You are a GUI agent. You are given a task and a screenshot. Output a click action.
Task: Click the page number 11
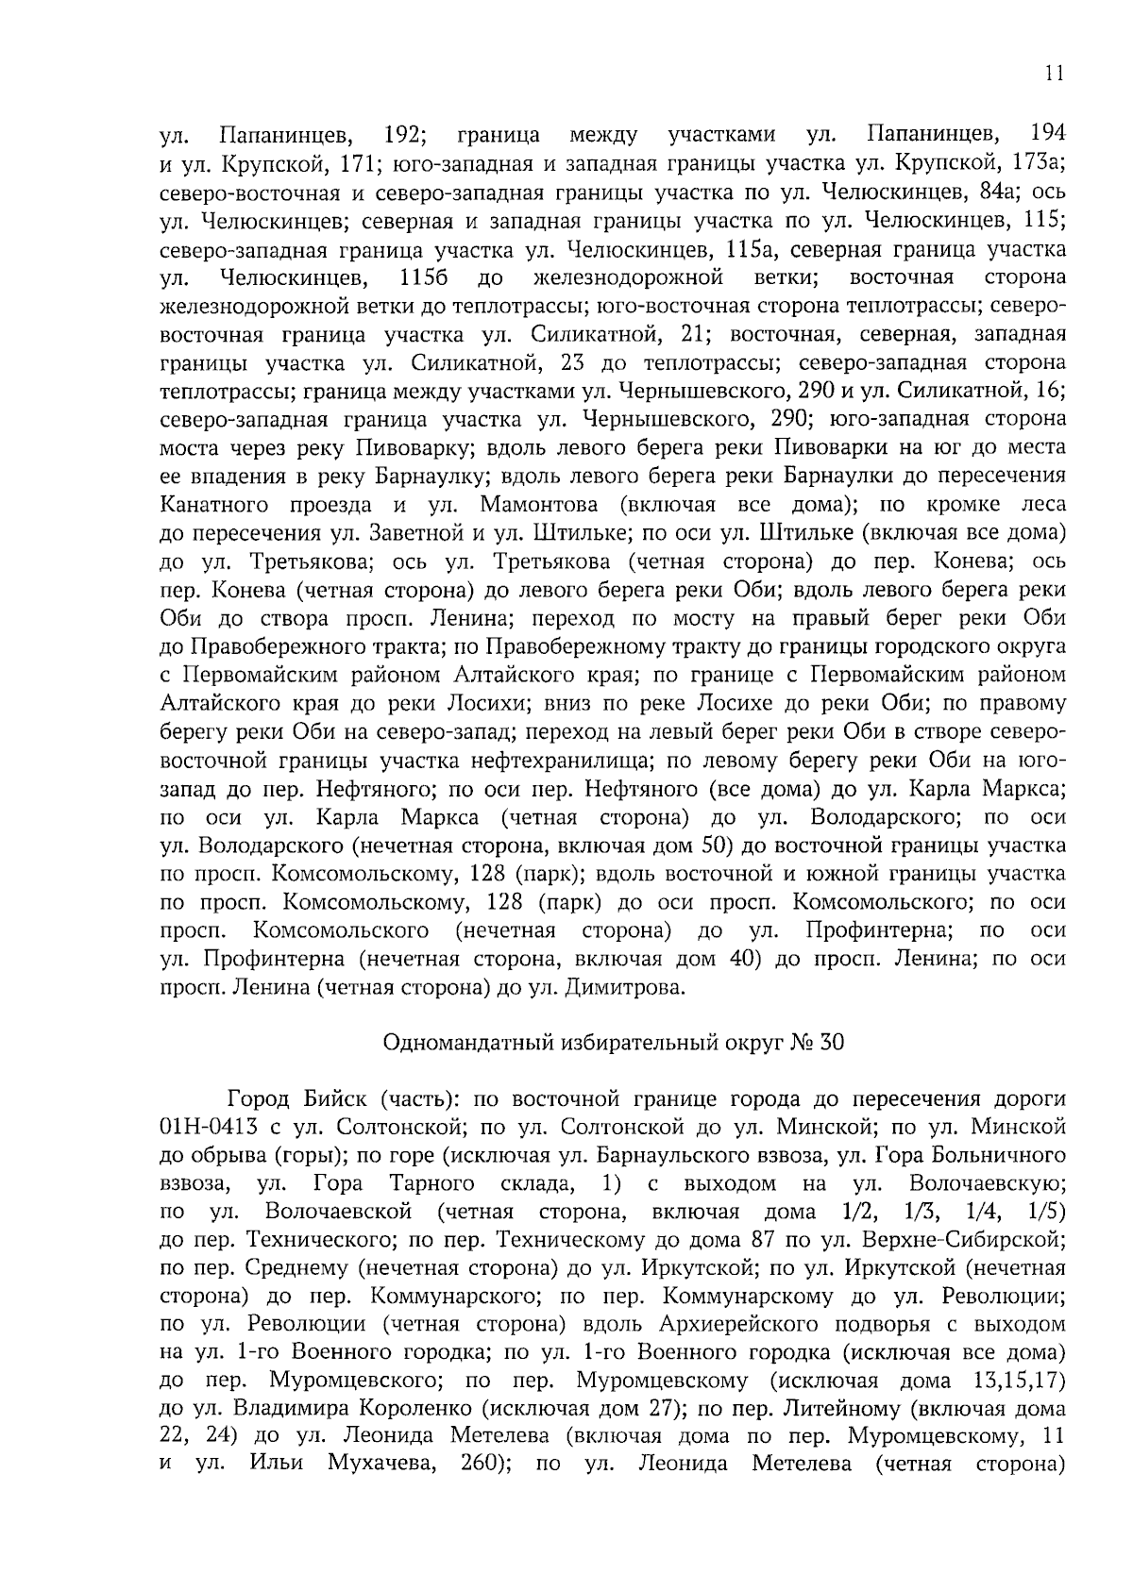1056,75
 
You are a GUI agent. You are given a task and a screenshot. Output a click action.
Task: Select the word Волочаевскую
987,1184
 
